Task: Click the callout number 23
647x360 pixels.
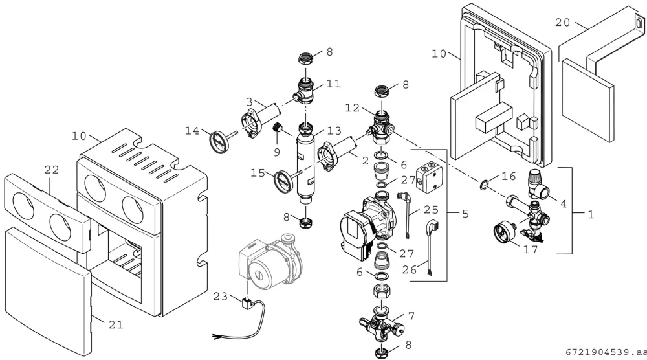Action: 221,297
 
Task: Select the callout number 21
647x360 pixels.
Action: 116,325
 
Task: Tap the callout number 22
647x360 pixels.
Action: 52,170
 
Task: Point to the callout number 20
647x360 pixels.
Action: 562,22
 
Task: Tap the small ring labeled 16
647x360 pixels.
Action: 483,185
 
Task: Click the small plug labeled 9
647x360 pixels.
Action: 277,128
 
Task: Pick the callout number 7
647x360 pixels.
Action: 411,317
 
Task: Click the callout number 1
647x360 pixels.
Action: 591,215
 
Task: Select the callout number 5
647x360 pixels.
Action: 465,214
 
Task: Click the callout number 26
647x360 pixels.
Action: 410,270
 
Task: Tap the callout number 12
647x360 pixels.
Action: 353,107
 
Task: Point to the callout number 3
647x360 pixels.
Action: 250,102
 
